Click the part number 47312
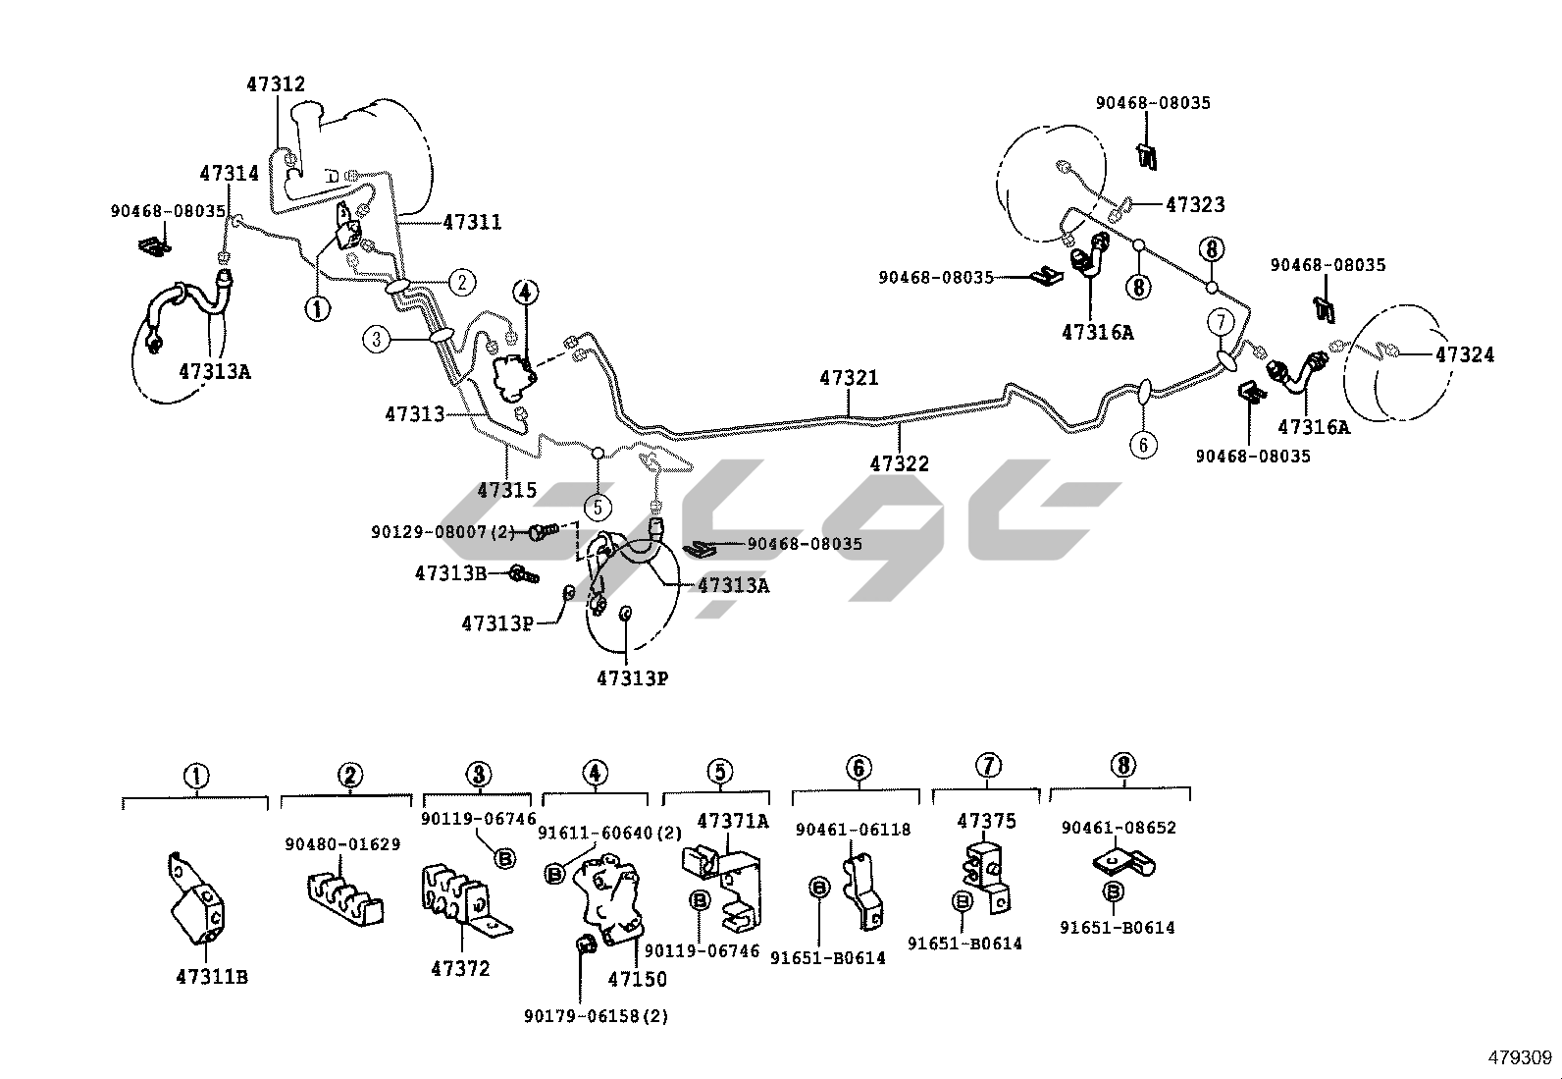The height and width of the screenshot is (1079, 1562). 276,84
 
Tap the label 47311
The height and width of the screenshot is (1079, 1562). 472,223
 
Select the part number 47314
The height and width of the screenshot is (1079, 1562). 229,174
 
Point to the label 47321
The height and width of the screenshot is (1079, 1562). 849,378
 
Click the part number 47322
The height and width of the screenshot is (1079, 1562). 899,463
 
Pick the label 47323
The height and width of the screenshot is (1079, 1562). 1195,205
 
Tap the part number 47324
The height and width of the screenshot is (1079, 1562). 1465,354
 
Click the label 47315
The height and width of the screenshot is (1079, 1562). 506,489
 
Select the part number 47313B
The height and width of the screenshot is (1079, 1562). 450,573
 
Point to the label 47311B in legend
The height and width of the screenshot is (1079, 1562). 212,977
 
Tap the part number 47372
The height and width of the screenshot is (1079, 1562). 460,969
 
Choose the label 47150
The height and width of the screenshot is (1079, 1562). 637,979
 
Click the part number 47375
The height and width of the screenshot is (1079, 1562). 987,821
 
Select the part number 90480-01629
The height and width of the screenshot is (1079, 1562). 342,844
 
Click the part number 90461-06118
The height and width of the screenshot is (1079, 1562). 853,830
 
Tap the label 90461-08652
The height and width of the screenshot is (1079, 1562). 1119,828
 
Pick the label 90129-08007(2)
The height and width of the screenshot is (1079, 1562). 443,531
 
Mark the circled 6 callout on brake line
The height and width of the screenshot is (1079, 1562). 1143,445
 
